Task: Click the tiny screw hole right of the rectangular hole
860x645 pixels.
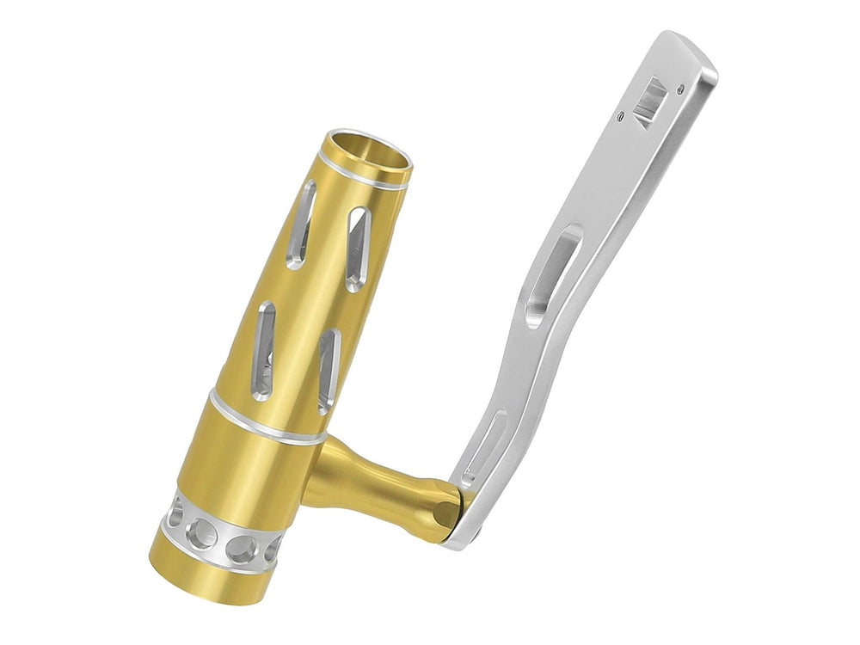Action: (x=680, y=88)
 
